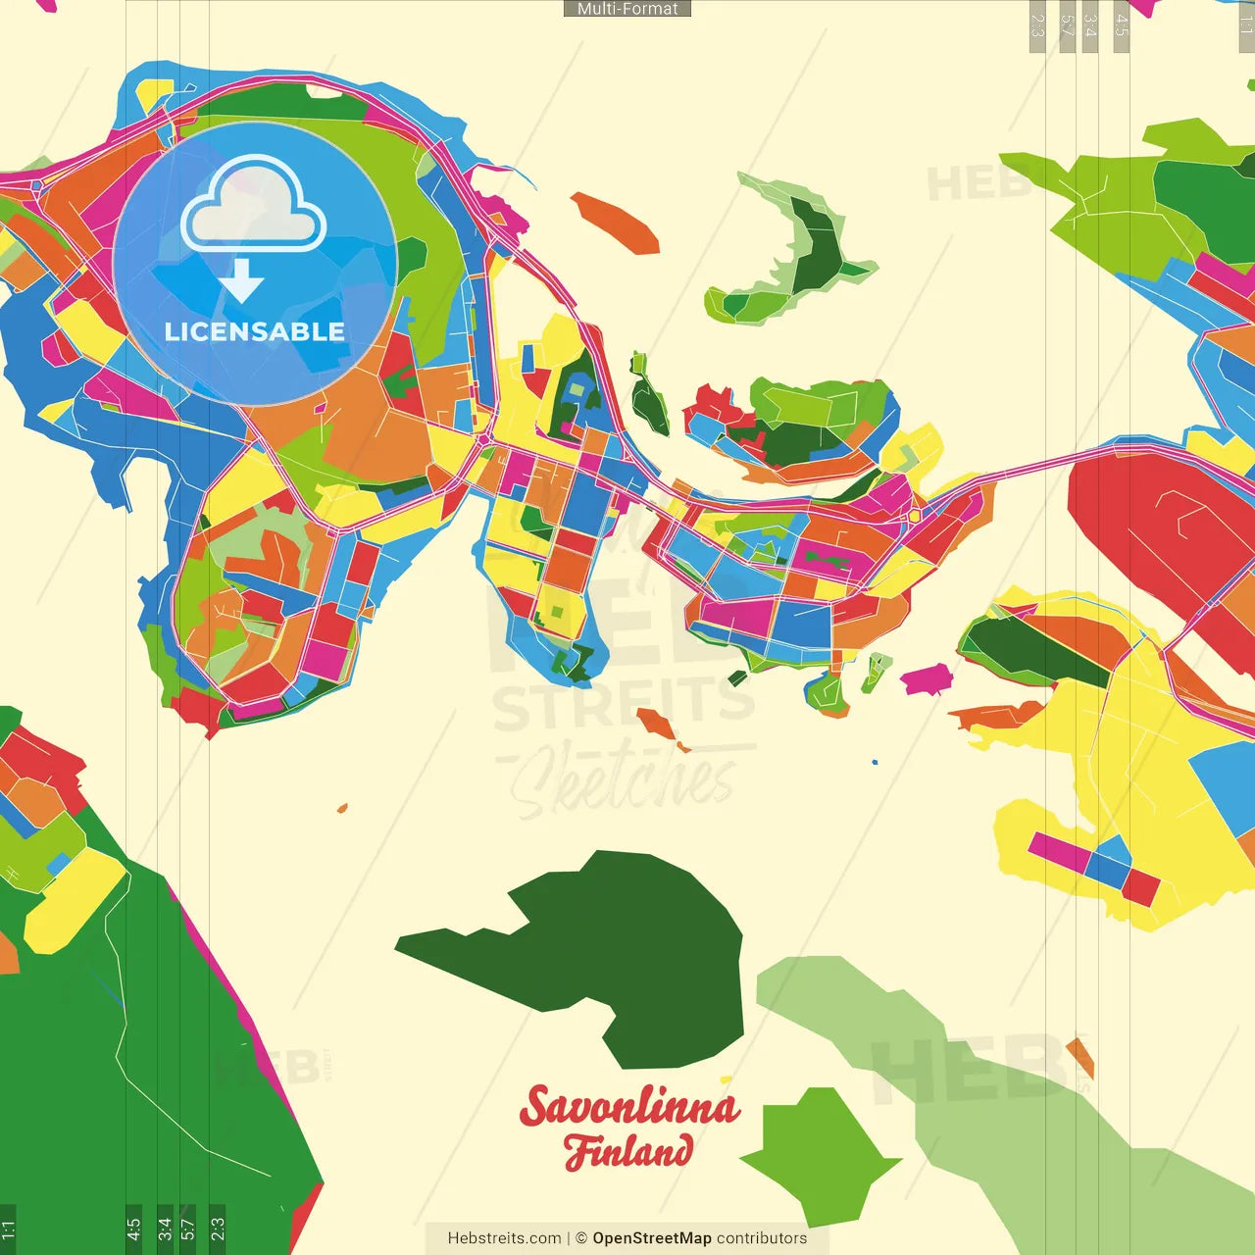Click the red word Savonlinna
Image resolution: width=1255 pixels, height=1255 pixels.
629,1107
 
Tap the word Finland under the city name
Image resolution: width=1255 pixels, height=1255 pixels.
628,1151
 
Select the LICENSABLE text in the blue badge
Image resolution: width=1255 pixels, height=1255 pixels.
255,331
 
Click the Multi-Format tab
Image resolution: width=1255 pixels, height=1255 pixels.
627,9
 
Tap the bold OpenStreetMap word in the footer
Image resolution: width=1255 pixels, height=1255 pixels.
651,1238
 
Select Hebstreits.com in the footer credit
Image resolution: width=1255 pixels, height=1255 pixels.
504,1238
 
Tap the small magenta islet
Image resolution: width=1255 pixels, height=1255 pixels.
926,678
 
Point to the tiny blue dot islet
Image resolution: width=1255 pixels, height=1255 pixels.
875,761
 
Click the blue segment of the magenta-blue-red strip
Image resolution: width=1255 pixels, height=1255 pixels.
1109,866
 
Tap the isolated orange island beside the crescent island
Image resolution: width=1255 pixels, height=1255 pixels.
616,222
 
